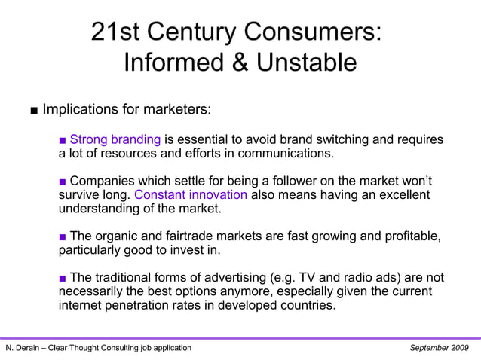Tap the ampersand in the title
point(240,63)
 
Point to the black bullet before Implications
point(35,111)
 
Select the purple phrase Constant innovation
point(191,194)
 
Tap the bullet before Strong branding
point(63,140)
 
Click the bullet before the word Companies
point(63,181)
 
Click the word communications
point(286,154)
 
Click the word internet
point(83,306)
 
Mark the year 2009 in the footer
point(458,348)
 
